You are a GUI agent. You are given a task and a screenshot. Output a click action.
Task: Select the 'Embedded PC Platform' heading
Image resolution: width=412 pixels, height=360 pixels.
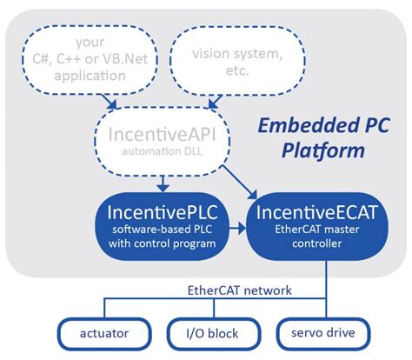[322, 137]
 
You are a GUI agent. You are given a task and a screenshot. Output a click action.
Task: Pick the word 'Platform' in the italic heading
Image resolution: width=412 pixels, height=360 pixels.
[322, 149]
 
